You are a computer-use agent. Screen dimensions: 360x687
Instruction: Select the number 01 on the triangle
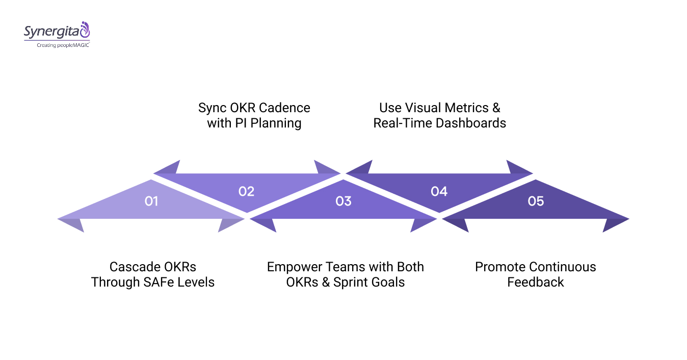[151, 201]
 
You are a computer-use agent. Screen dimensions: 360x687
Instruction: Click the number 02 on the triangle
[246, 191]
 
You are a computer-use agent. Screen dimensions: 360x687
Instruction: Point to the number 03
[343, 201]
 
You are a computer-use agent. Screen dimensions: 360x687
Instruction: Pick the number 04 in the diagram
[439, 191]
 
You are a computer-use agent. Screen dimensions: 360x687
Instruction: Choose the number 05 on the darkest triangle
[536, 201]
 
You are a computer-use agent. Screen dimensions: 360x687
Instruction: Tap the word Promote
[500, 267]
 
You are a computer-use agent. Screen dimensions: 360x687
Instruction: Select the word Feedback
[536, 282]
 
